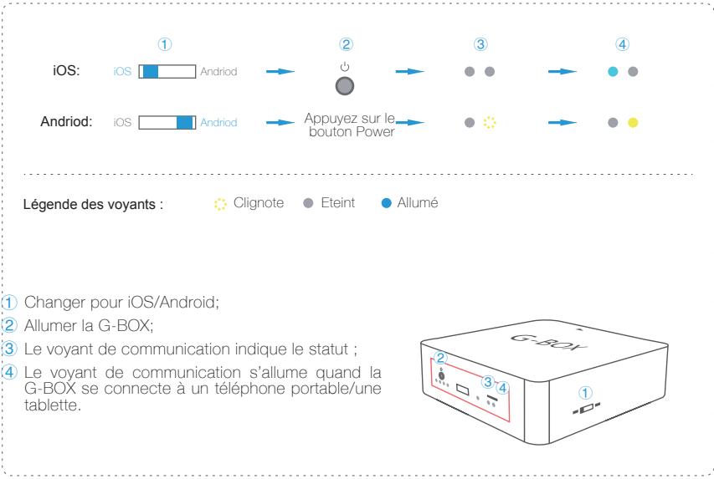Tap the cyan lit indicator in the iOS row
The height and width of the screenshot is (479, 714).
[x=614, y=72]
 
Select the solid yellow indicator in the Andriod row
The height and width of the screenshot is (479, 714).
[x=633, y=123]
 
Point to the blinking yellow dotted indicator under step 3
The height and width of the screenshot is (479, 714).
[x=491, y=123]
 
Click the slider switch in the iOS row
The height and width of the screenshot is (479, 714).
[x=167, y=72]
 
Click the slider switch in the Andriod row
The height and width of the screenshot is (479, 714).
[x=167, y=123]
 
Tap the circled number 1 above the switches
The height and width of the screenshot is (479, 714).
[x=166, y=43]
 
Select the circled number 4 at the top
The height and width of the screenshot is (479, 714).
[x=622, y=43]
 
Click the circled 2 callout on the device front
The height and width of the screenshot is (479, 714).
[x=440, y=357]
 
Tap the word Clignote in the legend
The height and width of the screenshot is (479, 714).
[x=259, y=203]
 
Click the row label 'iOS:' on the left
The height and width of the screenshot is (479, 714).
[x=67, y=72]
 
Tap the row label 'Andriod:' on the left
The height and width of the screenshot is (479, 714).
[x=65, y=123]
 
